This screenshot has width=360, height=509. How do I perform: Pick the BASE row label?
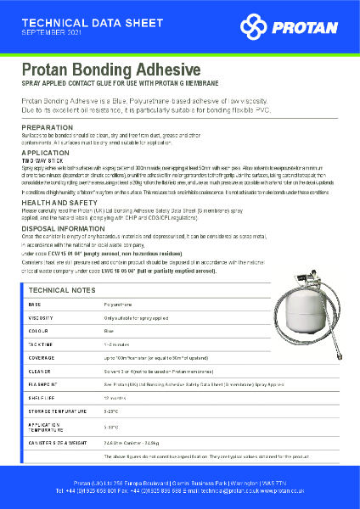pyautogui.click(x=35, y=303)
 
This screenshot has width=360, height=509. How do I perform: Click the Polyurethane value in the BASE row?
pyautogui.click(x=117, y=303)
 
